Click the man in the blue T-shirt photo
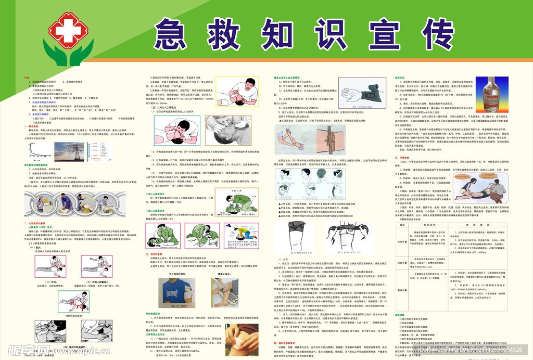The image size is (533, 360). [x=173, y=294]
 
